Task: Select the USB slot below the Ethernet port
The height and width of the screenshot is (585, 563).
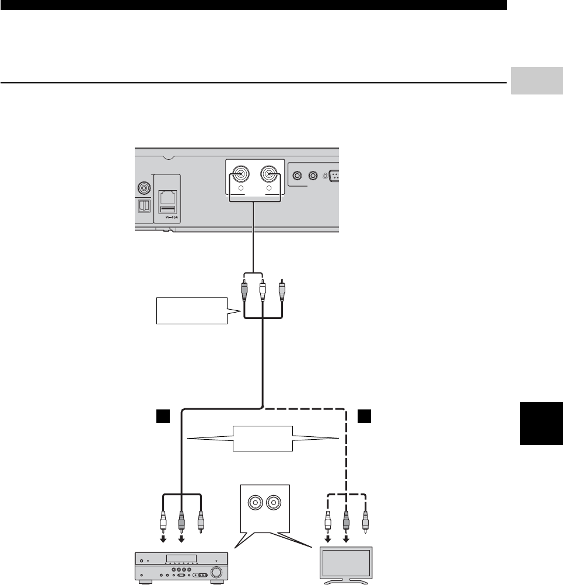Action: [x=167, y=209]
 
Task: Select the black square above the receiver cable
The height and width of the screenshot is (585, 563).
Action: [x=163, y=415]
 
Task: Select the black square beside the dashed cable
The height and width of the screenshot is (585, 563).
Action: [x=364, y=415]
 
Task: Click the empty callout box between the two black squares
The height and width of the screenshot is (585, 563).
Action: [x=262, y=438]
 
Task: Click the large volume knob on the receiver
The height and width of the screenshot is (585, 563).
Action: [x=215, y=572]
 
